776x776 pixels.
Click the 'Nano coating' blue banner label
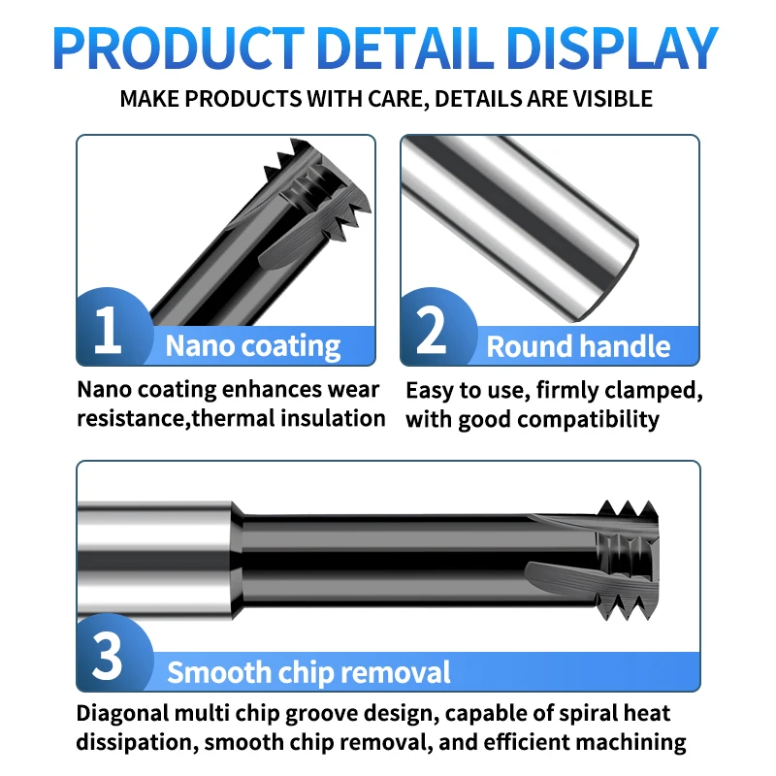[x=252, y=346]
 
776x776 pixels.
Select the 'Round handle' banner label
[x=578, y=346]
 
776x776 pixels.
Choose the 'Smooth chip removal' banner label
[x=308, y=672]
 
